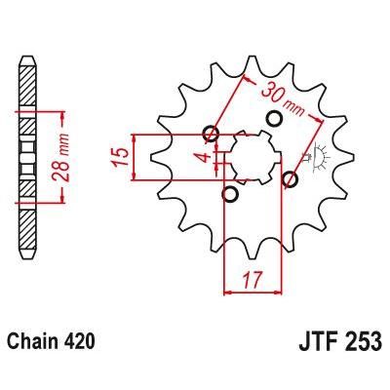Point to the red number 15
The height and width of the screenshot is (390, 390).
pos(119,156)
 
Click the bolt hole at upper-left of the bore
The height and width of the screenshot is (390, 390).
pos(210,135)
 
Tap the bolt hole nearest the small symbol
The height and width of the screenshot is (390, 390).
pos(289,178)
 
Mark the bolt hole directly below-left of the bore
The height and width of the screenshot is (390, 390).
pos(230,195)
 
